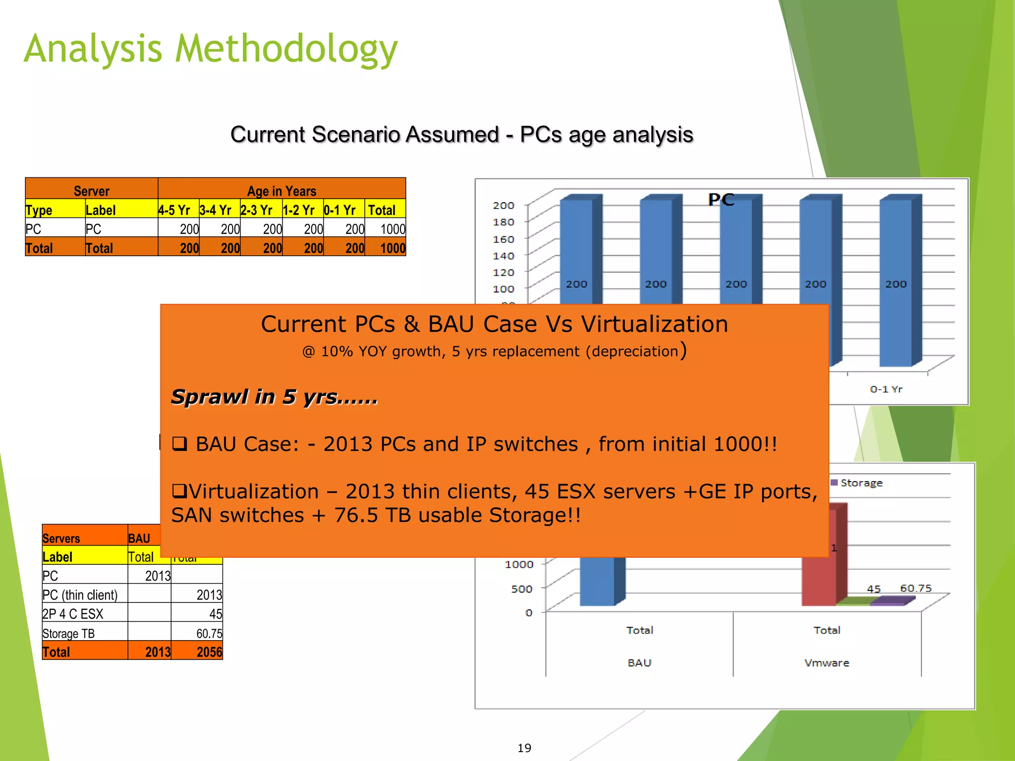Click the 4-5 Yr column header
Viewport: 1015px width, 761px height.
[174, 210]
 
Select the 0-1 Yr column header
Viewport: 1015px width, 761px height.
[339, 210]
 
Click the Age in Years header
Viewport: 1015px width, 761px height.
[282, 191]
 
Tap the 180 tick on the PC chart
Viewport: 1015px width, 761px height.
[503, 222]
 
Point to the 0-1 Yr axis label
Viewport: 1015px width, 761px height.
[886, 389]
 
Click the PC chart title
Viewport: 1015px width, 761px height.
[721, 200]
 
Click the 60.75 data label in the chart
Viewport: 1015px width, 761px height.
[915, 588]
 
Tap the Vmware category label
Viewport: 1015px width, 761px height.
[827, 663]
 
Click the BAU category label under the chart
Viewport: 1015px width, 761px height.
[639, 663]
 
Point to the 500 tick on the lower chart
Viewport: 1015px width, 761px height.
[521, 589]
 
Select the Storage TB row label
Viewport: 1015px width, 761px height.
[68, 634]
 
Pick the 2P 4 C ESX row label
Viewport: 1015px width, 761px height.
[73, 614]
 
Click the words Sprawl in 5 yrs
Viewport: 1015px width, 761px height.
[274, 397]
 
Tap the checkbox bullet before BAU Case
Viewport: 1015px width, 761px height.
[179, 443]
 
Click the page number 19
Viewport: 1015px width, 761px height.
[524, 748]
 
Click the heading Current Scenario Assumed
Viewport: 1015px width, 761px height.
[461, 135]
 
